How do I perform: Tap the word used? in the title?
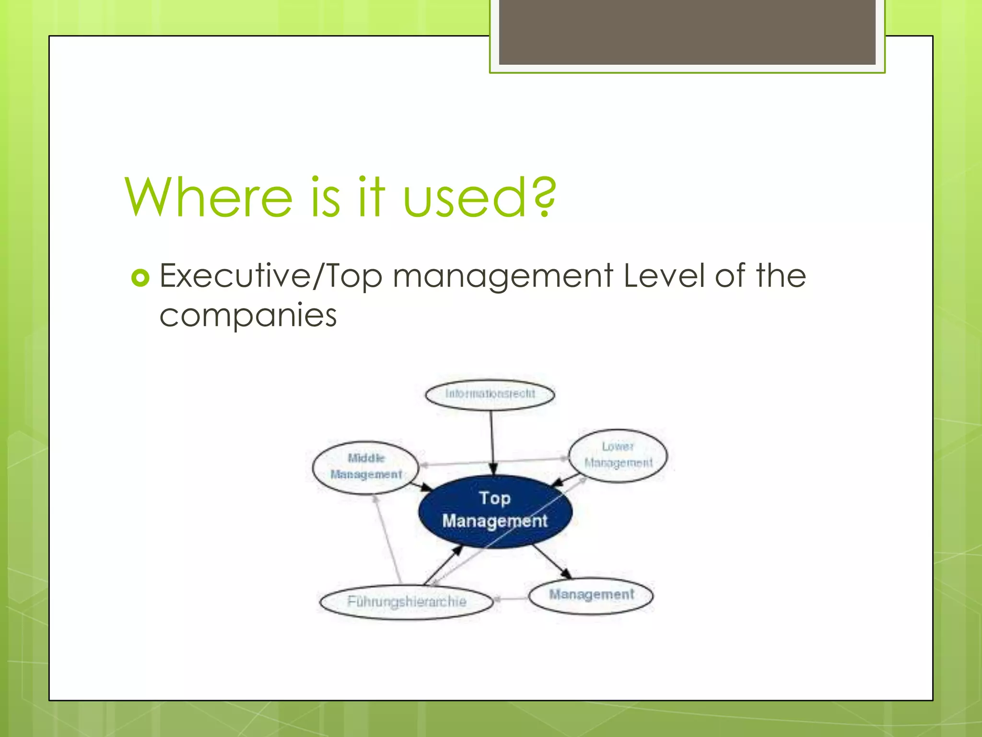click(x=479, y=197)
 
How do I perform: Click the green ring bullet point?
click(x=140, y=278)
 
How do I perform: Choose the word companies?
click(x=248, y=316)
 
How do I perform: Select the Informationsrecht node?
click(x=490, y=394)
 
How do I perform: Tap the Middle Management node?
click(x=366, y=466)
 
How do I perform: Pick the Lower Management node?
click(x=618, y=455)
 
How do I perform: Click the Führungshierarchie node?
click(x=407, y=602)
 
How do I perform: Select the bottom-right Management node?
click(x=591, y=595)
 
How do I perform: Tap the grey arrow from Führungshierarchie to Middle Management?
click(x=387, y=540)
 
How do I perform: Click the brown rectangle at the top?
click(x=687, y=32)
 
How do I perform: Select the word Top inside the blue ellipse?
click(x=495, y=498)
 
